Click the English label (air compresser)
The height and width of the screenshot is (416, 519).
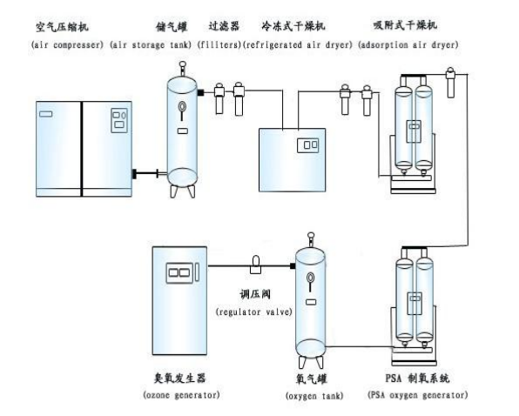tap(67, 44)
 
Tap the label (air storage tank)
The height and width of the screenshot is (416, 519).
tap(151, 44)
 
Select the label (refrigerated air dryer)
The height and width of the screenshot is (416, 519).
tap(298, 44)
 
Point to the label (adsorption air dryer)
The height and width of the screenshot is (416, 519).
tap(408, 44)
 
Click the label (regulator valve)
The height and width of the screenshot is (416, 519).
tap(254, 312)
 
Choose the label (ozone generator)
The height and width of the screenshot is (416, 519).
tap(181, 395)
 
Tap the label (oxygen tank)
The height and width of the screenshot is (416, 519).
tap(314, 395)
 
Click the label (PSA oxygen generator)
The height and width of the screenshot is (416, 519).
tap(418, 395)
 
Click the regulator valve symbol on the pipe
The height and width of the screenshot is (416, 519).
tap(255, 265)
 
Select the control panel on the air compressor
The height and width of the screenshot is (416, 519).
tap(119, 120)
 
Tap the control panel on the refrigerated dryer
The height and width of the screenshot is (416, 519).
tap(307, 145)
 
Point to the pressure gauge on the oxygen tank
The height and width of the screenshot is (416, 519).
tap(310, 278)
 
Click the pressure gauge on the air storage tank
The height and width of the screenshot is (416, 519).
tap(182, 107)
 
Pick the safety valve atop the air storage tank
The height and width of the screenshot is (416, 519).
tap(182, 69)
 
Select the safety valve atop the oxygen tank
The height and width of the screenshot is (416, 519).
tap(311, 239)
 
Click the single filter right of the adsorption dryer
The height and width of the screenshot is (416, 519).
tap(450, 83)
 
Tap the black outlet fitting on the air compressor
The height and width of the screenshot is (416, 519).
tap(134, 173)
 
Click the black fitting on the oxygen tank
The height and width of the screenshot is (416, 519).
tap(293, 265)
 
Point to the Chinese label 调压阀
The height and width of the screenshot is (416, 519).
tap(255, 294)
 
